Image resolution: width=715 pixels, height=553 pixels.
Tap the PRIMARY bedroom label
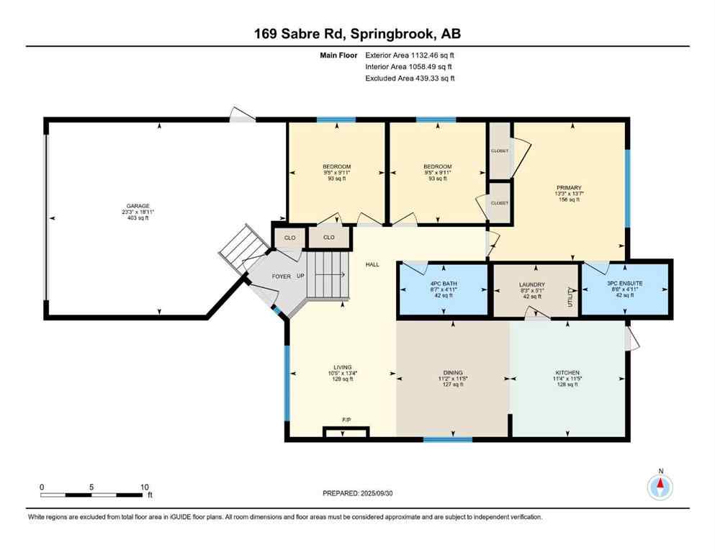(x=568, y=187)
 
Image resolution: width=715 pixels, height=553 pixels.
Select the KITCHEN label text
(x=567, y=372)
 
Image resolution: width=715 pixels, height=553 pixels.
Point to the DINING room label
(x=453, y=372)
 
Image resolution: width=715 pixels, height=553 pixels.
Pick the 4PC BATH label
(x=444, y=284)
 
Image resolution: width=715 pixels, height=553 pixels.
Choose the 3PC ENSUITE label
(x=625, y=284)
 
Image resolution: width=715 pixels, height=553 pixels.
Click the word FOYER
(x=281, y=276)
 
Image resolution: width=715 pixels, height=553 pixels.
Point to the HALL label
(x=372, y=265)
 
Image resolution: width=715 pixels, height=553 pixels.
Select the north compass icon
(x=660, y=487)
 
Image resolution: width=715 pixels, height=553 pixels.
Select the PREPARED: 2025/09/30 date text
(x=357, y=493)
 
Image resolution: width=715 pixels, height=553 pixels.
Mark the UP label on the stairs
(x=301, y=276)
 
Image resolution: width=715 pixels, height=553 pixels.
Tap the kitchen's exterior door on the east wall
(x=633, y=338)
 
